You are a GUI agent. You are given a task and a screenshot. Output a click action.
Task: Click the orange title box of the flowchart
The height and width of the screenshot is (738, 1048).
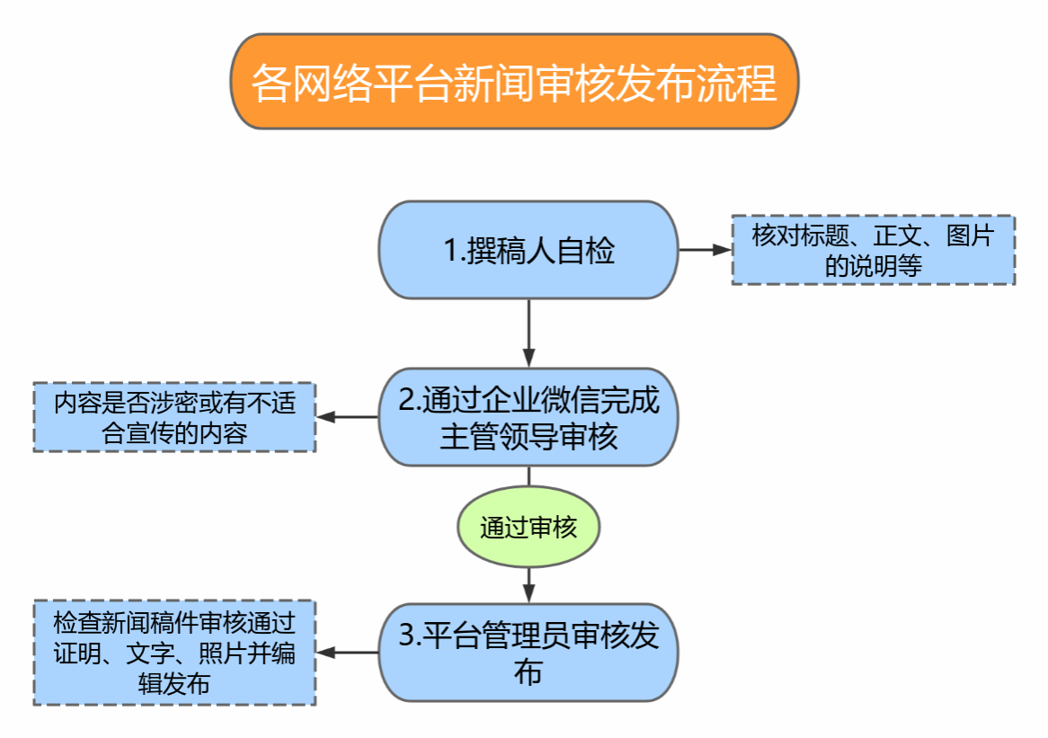tap(514, 82)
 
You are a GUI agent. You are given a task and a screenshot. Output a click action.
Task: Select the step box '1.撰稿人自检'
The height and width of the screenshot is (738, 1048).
tap(528, 250)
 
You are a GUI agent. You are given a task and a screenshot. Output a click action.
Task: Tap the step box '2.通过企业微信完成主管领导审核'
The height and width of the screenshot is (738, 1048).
tap(528, 417)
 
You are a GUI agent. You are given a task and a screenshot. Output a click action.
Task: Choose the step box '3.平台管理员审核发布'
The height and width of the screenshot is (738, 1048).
tap(528, 652)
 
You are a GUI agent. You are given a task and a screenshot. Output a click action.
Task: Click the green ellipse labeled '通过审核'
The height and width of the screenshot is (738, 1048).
tap(528, 528)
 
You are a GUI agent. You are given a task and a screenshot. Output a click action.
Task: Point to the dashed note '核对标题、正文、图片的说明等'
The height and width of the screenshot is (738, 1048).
tap(873, 250)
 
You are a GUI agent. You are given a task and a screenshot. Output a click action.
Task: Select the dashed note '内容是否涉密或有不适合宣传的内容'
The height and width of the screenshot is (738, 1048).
tap(174, 417)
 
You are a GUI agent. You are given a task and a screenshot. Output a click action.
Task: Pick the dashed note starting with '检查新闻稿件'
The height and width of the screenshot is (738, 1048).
tap(174, 653)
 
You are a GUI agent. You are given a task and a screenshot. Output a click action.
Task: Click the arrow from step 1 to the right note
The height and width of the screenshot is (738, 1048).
tap(705, 250)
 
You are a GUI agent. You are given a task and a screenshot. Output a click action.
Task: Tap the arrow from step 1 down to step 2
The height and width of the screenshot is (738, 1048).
tap(528, 333)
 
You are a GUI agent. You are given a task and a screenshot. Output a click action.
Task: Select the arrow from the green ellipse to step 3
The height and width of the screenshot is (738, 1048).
tap(528, 584)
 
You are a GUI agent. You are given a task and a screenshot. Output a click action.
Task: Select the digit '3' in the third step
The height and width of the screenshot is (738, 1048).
tap(407, 636)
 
